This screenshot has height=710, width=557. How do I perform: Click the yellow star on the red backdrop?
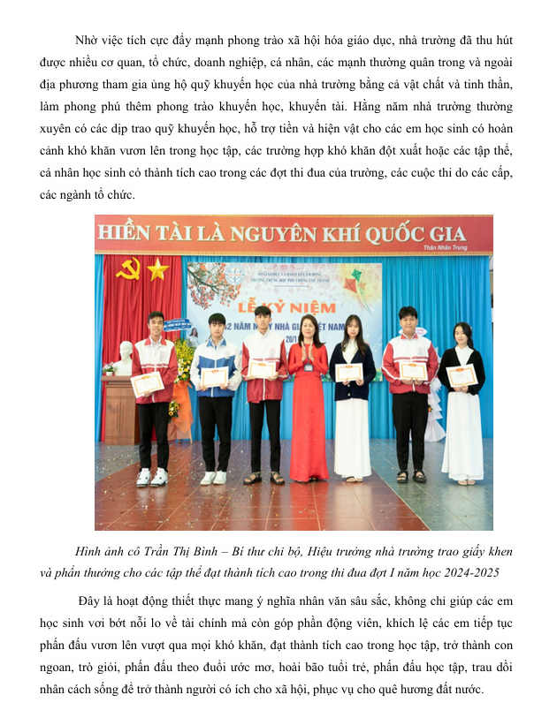click(x=157, y=268)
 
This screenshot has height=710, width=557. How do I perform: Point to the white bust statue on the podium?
click(x=125, y=357)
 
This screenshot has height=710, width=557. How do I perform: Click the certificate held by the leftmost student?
click(x=148, y=382)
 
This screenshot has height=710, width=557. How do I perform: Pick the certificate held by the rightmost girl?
click(x=462, y=375)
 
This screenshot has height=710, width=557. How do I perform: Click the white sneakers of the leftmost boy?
click(x=150, y=478)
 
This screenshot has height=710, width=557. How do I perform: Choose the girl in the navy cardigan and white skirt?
click(x=352, y=397)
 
